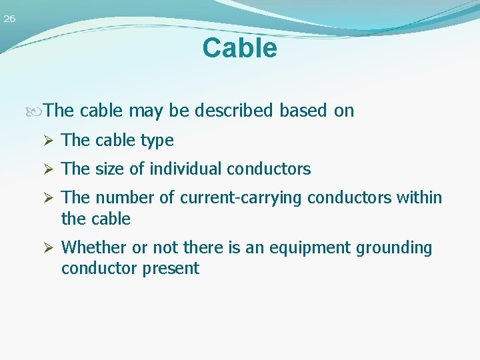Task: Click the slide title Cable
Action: [x=239, y=48]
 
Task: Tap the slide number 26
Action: [x=9, y=19]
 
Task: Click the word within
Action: [x=419, y=198]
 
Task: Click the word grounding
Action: [x=394, y=248]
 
